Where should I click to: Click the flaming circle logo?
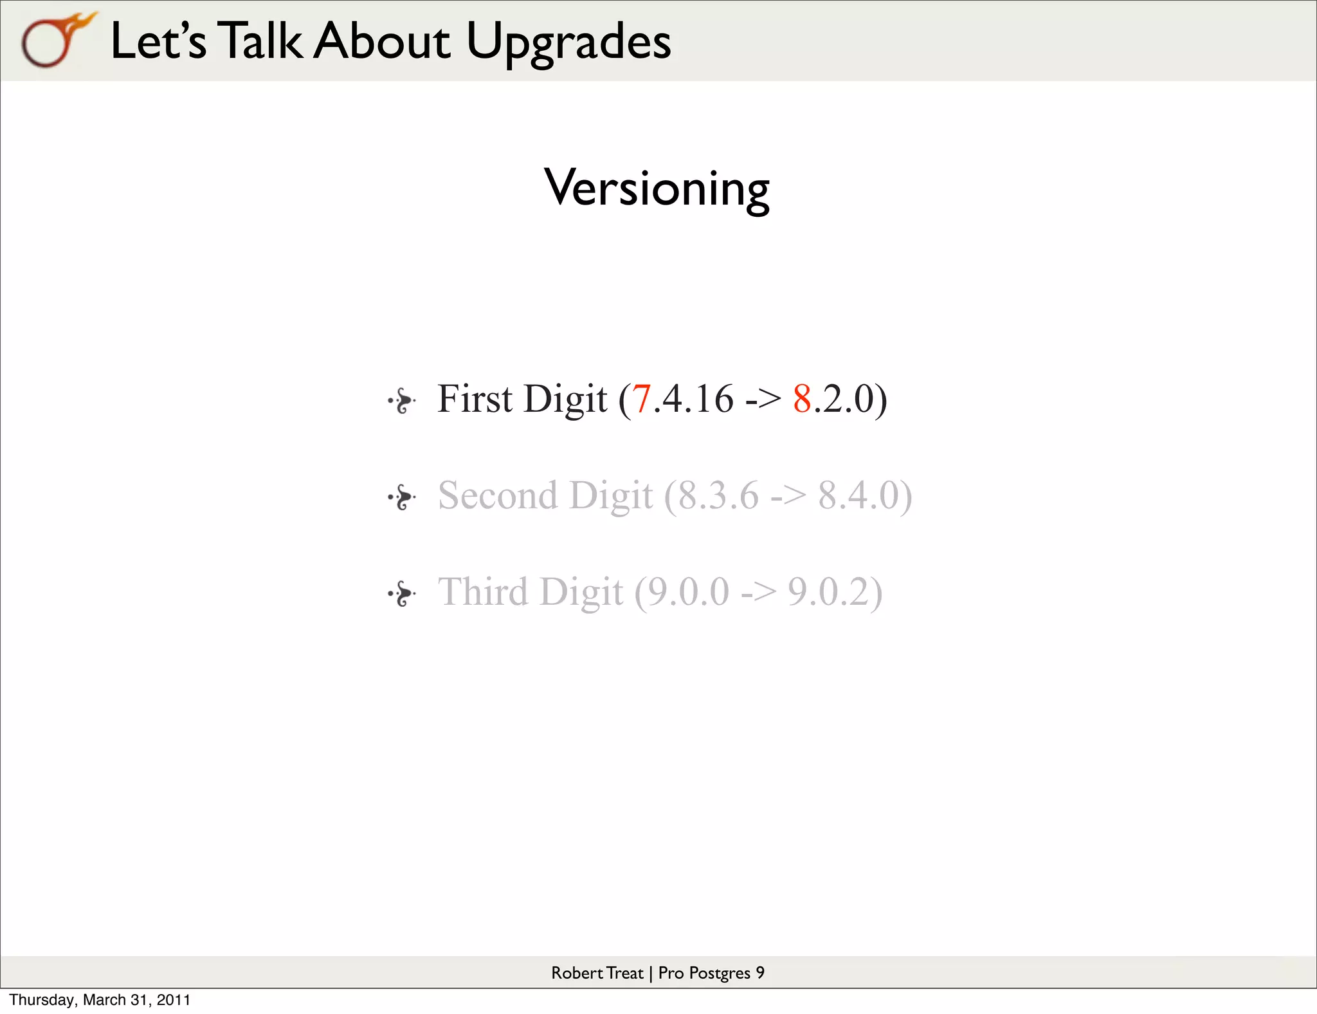[55, 40]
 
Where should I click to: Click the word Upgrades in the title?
[568, 41]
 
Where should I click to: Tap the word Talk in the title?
[259, 41]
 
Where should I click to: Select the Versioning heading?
[657, 188]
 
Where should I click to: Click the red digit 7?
[641, 399]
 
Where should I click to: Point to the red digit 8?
[802, 399]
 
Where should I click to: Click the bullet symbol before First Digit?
[403, 401]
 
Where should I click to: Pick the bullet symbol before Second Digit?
[403, 497]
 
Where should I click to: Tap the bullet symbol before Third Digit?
[403, 593]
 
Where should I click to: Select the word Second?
[497, 495]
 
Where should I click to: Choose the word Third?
[483, 592]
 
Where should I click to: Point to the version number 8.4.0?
[858, 495]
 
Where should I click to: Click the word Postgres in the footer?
[719, 973]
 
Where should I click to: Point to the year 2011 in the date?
[174, 1000]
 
